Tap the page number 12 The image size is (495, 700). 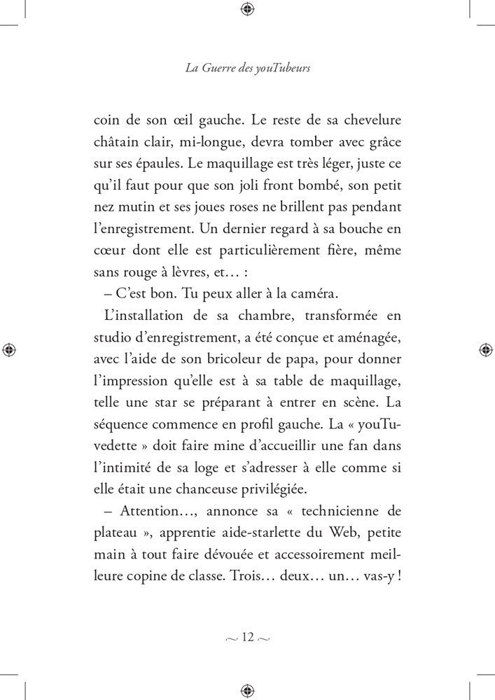pyautogui.click(x=248, y=637)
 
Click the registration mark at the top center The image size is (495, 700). pyautogui.click(x=247, y=9)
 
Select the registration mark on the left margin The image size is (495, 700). pyautogui.click(x=10, y=349)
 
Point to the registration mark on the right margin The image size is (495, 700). pyautogui.click(x=484, y=349)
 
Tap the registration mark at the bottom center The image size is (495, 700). pyautogui.click(x=247, y=690)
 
